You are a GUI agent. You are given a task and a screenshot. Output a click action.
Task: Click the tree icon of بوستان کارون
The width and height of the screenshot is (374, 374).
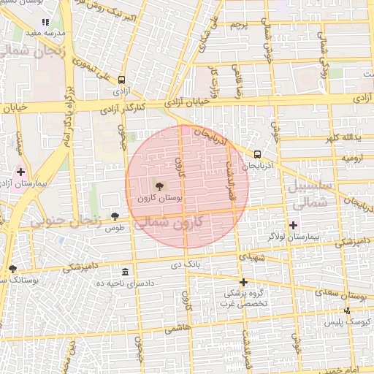coord(160,186)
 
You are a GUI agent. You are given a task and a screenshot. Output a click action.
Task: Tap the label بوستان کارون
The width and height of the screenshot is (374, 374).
coord(160,198)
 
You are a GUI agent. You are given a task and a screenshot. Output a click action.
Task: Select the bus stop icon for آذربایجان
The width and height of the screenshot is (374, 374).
coord(257,154)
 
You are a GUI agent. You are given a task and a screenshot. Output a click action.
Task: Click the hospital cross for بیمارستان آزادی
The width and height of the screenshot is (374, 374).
coord(20,172)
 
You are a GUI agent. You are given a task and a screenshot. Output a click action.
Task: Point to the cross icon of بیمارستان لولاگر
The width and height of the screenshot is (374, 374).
coord(294,225)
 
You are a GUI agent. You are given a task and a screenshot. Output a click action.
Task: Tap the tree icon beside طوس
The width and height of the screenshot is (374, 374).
coord(115,215)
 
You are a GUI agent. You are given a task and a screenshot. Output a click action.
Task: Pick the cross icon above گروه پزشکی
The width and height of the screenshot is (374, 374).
coord(243,282)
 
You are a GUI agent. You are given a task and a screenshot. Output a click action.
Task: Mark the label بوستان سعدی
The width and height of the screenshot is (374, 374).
coord(343,295)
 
